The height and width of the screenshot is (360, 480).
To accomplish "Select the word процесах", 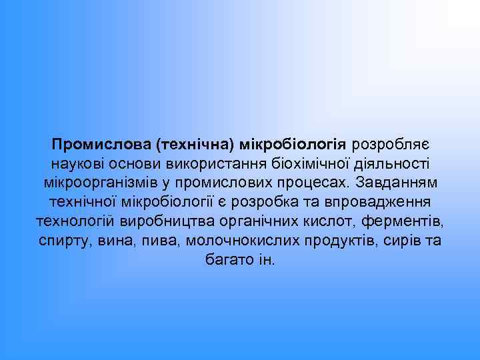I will (319, 183).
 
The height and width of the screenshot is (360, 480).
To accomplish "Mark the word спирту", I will (63, 240).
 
